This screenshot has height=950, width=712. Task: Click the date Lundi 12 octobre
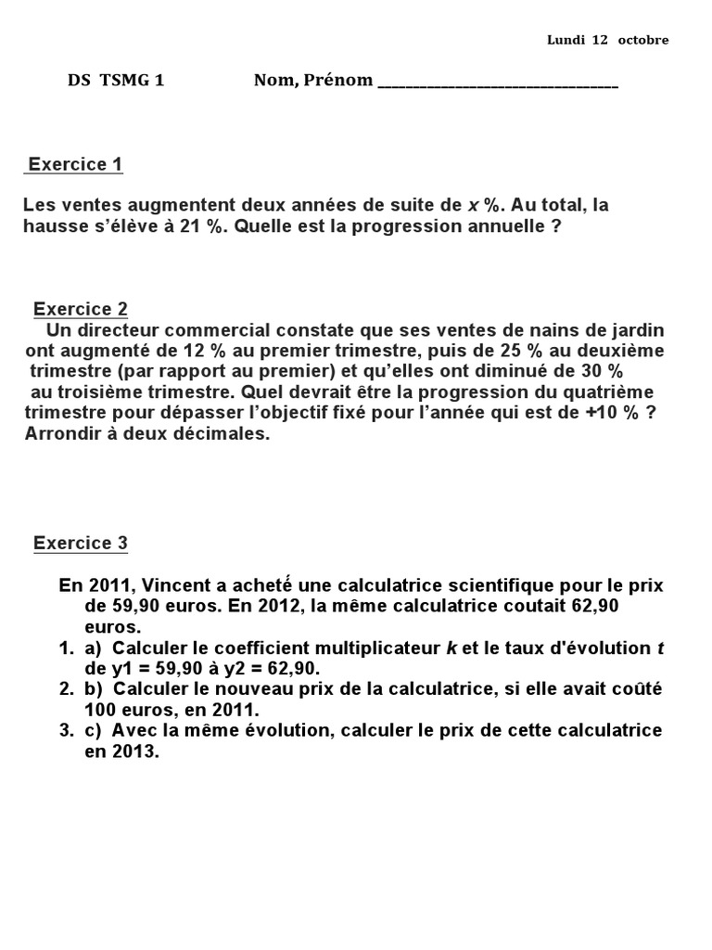pyautogui.click(x=607, y=40)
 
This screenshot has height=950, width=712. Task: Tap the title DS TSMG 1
pyautogui.click(x=116, y=81)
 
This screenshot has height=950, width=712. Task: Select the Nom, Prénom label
pyautogui.click(x=313, y=81)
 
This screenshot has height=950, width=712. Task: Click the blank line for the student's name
pyautogui.click(x=498, y=83)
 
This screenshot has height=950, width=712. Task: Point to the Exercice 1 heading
pyautogui.click(x=75, y=165)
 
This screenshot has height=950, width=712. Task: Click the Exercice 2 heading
pyautogui.click(x=81, y=309)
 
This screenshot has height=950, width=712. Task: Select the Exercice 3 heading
pyautogui.click(x=81, y=544)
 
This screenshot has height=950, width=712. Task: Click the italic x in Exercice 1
pyautogui.click(x=472, y=205)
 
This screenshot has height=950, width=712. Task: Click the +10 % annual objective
pyautogui.click(x=614, y=413)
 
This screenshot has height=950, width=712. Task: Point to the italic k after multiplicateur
pyautogui.click(x=451, y=648)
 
